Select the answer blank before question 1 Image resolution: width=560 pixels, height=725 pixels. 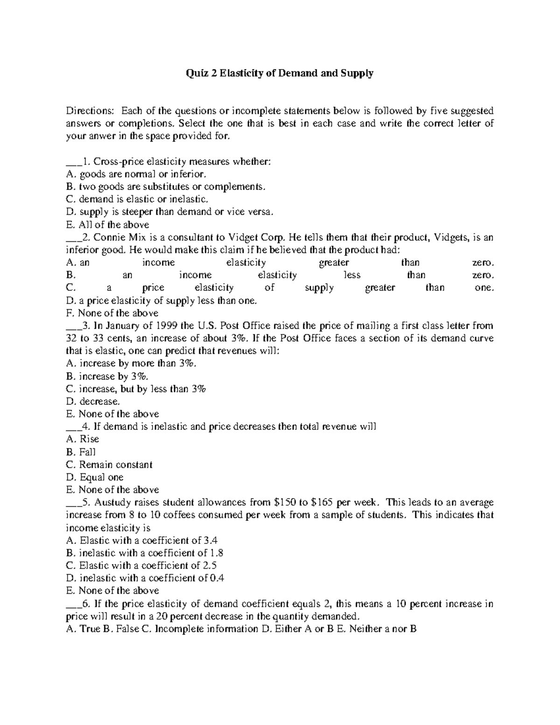[x=73, y=163]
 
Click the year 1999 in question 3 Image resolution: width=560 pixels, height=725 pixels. [x=168, y=325]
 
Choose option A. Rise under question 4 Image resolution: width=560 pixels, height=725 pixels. [x=83, y=439]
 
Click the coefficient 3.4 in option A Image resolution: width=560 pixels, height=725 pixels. [x=211, y=541]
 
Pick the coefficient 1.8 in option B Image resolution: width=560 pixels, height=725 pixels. [x=217, y=553]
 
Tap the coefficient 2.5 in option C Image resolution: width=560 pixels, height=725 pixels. [x=210, y=566]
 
